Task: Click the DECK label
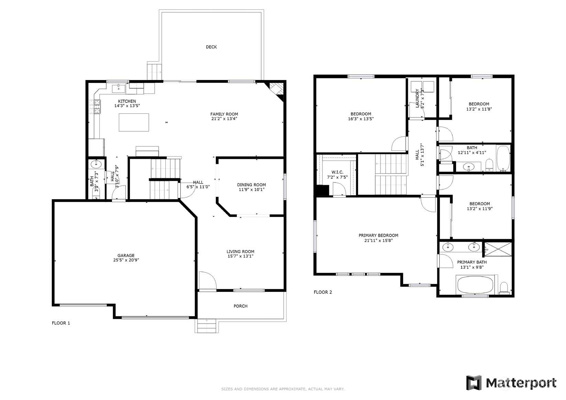[x=211, y=47]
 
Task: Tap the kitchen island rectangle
[x=134, y=122]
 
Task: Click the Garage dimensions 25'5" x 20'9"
[x=126, y=260]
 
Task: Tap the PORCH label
[x=240, y=306]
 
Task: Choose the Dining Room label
[x=252, y=185]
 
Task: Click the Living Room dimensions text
[x=240, y=256]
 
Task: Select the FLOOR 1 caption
[x=61, y=323]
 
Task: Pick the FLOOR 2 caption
[x=323, y=292]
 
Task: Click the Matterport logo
[x=511, y=383]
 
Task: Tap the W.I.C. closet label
[x=337, y=172]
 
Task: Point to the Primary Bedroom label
[x=378, y=235]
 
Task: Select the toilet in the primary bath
[x=504, y=288]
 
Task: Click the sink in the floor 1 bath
[x=96, y=164]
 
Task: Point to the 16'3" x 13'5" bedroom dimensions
[x=361, y=119]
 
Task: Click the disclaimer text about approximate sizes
[x=283, y=389]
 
